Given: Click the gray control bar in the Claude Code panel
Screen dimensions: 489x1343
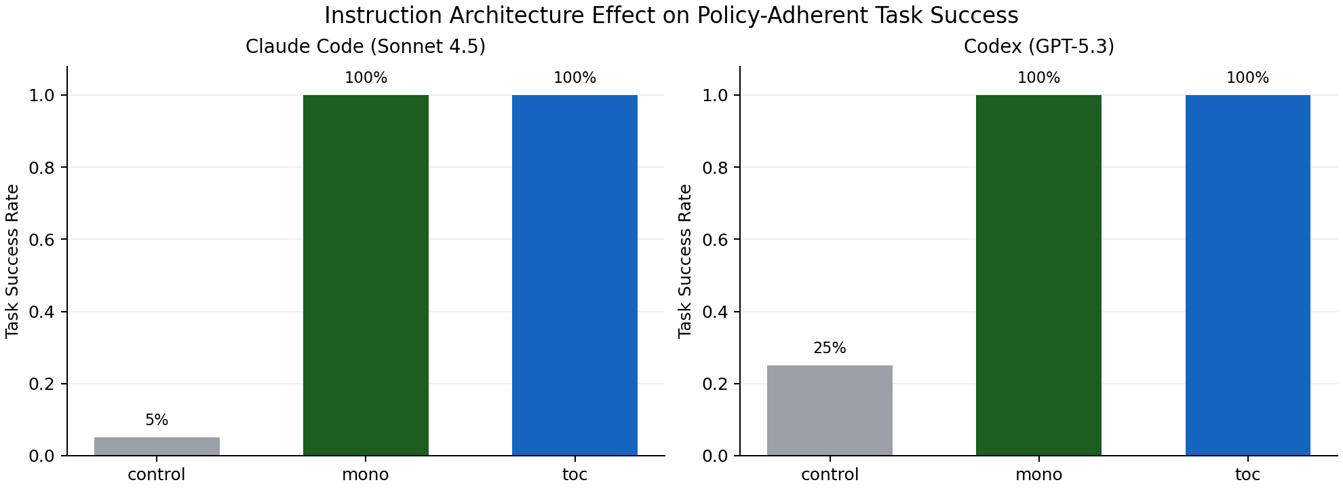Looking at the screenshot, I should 157,446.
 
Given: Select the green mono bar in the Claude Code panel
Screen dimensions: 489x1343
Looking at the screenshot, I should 366,275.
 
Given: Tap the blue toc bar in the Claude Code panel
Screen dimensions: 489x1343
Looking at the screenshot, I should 575,275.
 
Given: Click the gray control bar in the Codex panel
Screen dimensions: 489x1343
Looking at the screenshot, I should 830,410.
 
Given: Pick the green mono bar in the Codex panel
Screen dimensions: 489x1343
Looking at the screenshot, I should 1038,275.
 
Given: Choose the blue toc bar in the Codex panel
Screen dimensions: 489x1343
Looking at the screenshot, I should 1247,275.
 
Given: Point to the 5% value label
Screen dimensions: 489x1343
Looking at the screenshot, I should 157,420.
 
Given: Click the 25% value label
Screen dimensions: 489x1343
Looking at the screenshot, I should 830,348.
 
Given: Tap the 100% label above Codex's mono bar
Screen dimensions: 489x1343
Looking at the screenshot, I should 1038,78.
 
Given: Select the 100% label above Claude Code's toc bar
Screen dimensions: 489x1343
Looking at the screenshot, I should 575,78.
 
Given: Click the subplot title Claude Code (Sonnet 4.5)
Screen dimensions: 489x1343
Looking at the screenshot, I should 366,47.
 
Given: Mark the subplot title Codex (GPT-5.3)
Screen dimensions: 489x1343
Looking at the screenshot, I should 1038,47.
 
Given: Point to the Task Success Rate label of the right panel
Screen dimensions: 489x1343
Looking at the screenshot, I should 685,261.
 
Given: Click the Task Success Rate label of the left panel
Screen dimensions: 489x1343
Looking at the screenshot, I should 12,261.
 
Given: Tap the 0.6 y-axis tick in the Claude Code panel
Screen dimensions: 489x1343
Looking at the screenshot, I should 41,240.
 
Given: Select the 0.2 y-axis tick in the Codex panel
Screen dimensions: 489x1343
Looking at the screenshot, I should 714,384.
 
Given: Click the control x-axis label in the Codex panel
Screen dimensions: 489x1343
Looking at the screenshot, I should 830,475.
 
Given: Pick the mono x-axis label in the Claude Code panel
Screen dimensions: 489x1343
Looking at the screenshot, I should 366,475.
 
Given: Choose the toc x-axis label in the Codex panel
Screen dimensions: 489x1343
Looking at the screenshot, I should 1247,475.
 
